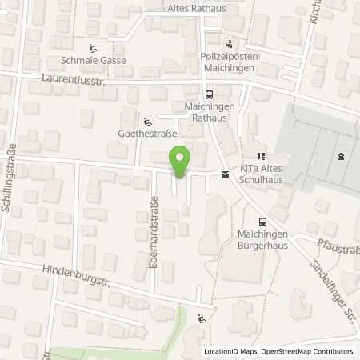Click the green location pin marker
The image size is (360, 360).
(x=181, y=162)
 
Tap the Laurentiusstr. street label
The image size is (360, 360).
(x=73, y=80)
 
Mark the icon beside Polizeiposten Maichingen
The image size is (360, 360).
(x=230, y=44)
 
